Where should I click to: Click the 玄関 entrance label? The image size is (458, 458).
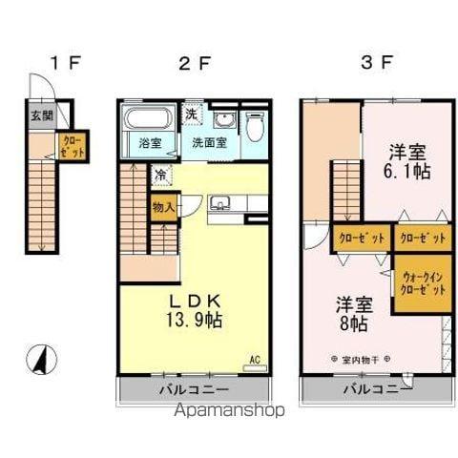[41, 116]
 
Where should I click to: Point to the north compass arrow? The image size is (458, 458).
[44, 362]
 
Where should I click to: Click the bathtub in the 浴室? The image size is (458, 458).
[149, 122]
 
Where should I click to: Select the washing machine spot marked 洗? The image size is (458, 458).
[191, 113]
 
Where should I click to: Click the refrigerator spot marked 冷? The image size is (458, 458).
[162, 175]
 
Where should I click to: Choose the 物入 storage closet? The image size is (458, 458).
[163, 206]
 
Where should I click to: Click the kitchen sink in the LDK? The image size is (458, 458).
[220, 202]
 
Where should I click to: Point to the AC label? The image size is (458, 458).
[254, 360]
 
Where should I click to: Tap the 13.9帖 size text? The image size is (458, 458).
[197, 321]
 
